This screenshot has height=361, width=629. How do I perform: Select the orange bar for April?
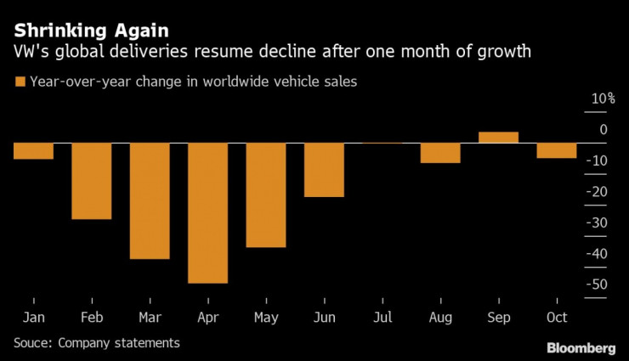click(207, 212)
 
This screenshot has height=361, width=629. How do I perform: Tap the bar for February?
click(91, 181)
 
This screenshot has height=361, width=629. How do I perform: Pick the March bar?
click(150, 200)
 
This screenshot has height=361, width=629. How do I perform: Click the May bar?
click(266, 195)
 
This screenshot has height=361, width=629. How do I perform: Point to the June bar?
click(324, 170)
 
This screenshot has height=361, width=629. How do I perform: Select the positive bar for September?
click(498, 137)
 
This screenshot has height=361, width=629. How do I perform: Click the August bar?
click(440, 152)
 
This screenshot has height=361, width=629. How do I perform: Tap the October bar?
click(556, 150)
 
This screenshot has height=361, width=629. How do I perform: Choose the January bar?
click(33, 150)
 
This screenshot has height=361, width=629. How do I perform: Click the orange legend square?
click(19, 82)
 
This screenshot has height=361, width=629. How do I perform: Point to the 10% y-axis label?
click(603, 99)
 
